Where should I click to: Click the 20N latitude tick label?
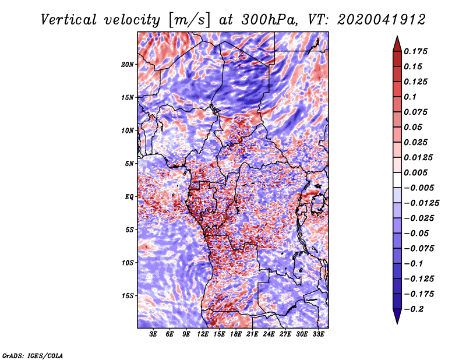coord(128,64)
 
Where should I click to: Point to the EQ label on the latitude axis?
coord(129,197)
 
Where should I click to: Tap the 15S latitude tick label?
coord(128,296)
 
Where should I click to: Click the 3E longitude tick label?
coord(154,334)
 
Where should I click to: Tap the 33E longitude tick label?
coord(319,334)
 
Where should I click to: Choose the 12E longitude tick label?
coord(203,334)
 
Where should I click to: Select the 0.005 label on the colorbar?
coord(417,172)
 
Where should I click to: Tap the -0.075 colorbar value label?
coord(419,248)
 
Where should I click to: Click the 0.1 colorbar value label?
coord(411,97)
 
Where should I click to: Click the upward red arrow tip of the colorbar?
coord(396,39)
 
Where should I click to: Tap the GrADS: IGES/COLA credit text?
coord(32,355)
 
